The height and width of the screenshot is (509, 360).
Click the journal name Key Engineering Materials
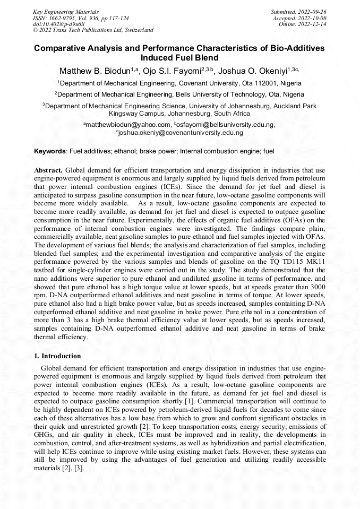(x=66, y=12)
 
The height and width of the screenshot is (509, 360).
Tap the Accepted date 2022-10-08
(x=313, y=18)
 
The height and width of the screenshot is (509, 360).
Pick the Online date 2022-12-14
(x=314, y=24)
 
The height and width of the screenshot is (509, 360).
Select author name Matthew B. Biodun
(x=94, y=71)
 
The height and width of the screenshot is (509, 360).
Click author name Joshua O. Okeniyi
(x=263, y=71)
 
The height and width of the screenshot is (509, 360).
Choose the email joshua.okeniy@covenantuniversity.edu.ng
(x=181, y=133)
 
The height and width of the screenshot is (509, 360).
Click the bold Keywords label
(x=50, y=151)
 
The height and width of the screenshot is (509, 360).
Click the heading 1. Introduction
(x=57, y=356)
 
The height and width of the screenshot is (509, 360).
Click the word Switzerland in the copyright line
(x=137, y=30)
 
